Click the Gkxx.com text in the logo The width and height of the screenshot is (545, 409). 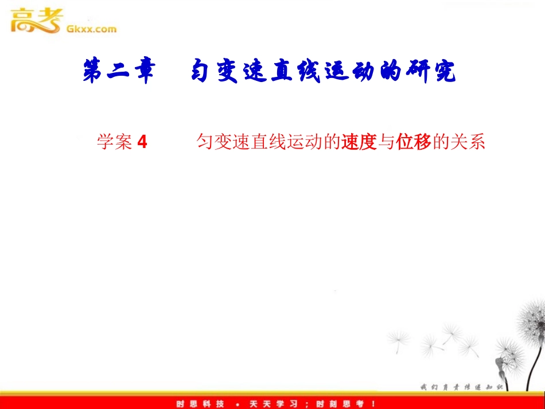click(x=92, y=29)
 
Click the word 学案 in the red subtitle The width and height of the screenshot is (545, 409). click(x=115, y=142)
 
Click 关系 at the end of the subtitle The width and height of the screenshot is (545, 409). click(x=468, y=142)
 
